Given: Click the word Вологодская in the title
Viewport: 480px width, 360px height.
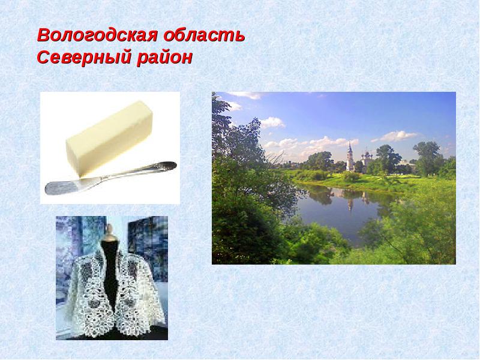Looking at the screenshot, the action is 98,35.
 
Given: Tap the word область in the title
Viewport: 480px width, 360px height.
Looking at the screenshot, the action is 204,35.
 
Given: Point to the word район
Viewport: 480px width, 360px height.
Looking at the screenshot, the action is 164,57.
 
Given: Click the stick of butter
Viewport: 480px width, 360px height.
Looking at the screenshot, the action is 109,139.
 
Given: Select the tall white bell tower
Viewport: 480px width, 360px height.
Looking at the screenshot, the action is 350,156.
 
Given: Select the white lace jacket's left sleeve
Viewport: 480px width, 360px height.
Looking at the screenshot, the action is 80,291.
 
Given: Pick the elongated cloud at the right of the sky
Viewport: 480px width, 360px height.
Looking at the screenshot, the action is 395,136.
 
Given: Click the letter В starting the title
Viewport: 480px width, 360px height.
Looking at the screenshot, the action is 44,35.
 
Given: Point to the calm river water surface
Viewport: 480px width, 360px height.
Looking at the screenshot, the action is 343,208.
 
